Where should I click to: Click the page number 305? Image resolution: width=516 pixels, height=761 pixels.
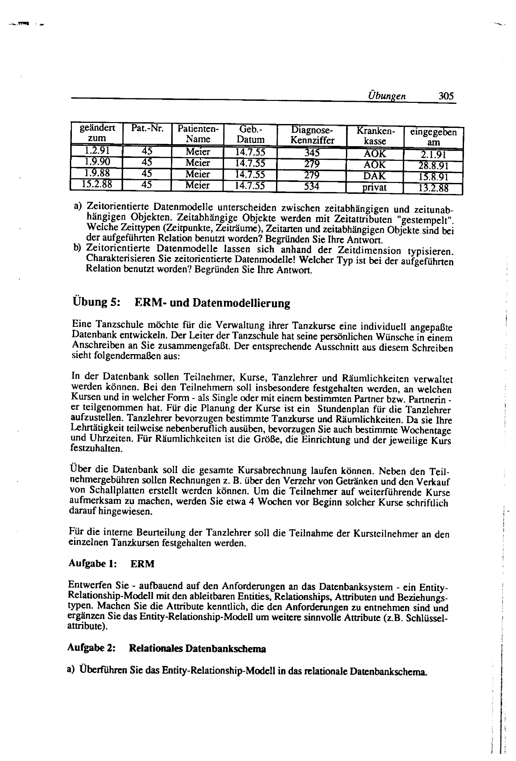coord(446,96)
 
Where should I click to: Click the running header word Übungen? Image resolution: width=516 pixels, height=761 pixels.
coord(387,96)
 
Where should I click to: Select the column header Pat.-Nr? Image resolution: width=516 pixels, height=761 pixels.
coord(147,128)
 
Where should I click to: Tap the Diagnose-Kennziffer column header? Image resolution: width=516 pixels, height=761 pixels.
coord(312,135)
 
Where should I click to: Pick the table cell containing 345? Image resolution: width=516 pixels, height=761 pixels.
coord(312,153)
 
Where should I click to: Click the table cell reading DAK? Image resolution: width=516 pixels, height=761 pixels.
coord(375,176)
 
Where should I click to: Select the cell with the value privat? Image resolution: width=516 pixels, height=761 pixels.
coord(374,187)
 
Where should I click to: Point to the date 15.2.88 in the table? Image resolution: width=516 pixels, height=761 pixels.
coord(97,184)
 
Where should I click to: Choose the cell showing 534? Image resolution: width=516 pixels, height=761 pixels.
coord(311,186)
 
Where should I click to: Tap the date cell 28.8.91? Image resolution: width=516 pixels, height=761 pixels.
coord(433,166)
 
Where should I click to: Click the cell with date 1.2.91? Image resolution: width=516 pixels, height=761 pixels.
coord(97,151)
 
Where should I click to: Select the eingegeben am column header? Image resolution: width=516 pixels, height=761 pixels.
coord(433,137)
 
